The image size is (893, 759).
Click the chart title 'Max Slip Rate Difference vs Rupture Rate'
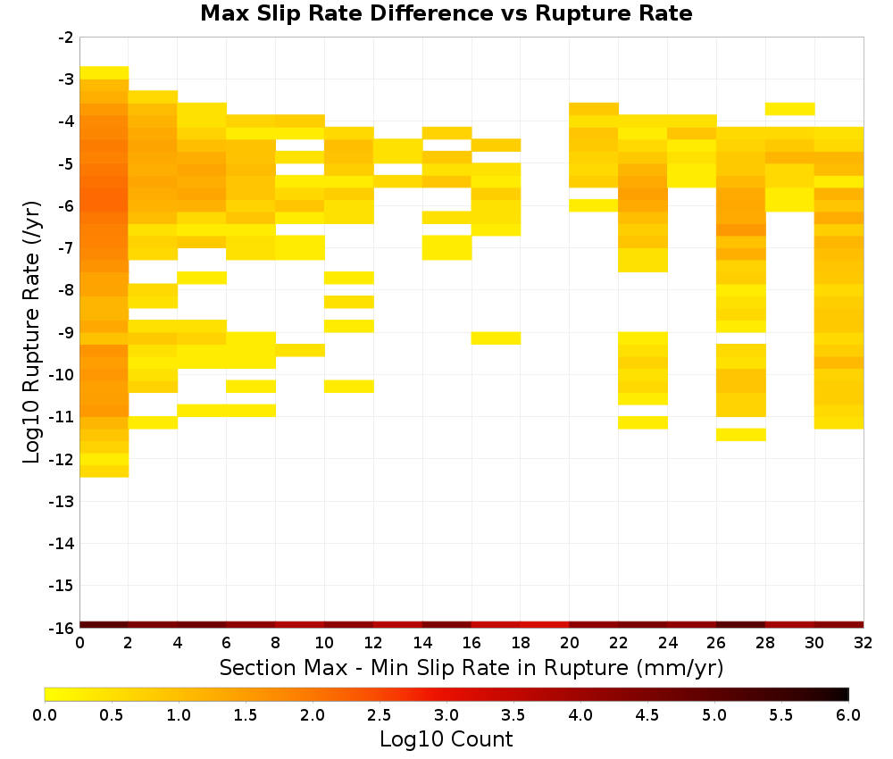[446, 13]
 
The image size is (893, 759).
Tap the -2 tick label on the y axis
[66, 38]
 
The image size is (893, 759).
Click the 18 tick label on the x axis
[521, 643]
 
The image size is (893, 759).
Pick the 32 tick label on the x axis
[864, 643]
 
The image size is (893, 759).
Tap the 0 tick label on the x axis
[79, 643]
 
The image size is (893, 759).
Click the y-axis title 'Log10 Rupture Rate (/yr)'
[31, 332]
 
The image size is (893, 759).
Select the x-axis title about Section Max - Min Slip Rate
[472, 668]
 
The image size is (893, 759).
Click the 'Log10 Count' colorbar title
[446, 739]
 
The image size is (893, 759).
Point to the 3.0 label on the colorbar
[446, 715]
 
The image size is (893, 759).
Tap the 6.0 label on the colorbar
[848, 715]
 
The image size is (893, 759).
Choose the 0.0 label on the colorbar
[45, 715]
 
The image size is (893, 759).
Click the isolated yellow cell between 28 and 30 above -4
[790, 109]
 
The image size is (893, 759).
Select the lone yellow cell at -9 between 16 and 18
[496, 338]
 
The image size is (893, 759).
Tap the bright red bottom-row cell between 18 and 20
[545, 625]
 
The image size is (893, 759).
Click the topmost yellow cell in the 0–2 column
[104, 73]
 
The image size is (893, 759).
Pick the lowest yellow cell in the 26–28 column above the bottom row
[741, 435]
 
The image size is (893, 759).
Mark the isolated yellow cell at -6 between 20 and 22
[594, 205]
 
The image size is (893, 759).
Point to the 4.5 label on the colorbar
[647, 715]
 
